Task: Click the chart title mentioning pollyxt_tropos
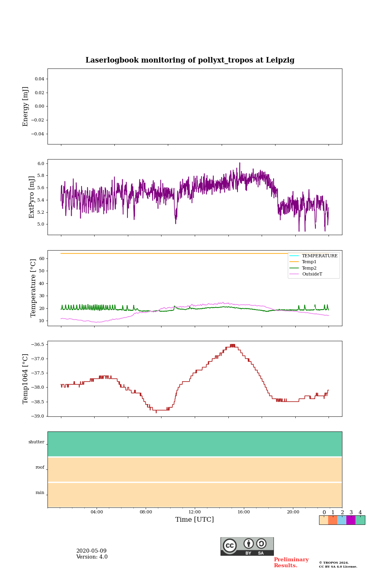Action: (x=190, y=60)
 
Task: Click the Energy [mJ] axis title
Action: (x=26, y=106)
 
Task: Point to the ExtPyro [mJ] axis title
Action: (x=32, y=197)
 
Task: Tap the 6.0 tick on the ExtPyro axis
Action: (x=40, y=163)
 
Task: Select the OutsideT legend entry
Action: (x=312, y=274)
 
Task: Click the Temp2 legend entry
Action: (x=309, y=268)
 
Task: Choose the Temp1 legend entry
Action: (x=309, y=262)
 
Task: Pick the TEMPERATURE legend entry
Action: (x=319, y=256)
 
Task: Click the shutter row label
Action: (x=36, y=442)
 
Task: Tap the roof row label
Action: (x=40, y=467)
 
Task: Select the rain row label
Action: (x=40, y=493)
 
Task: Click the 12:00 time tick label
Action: (x=195, y=512)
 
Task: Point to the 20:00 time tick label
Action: (x=293, y=512)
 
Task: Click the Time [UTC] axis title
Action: (x=195, y=520)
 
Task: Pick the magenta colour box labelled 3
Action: (x=351, y=520)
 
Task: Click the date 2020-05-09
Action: (x=91, y=551)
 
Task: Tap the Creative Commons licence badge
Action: (x=247, y=546)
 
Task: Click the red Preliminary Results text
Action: (x=291, y=562)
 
